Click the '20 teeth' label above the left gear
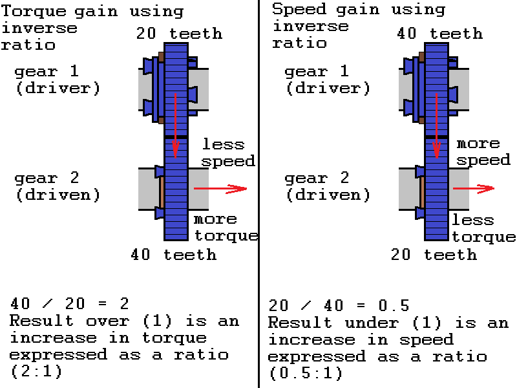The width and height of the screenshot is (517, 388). tap(180, 34)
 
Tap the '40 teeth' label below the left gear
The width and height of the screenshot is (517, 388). tap(173, 255)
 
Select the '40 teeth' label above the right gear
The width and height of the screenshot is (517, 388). tap(440, 34)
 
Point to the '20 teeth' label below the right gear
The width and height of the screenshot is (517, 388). tap(434, 255)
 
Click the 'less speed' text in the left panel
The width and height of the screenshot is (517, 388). tap(228, 153)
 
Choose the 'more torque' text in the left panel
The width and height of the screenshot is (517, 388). tap(226, 228)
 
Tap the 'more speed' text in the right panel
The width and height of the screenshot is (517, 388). tap(483, 152)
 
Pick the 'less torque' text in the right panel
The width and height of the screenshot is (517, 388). tap(483, 228)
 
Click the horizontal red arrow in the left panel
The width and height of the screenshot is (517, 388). tap(220, 189)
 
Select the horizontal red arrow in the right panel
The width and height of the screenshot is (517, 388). tap(474, 188)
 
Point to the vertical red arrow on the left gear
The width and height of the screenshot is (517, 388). tap(175, 125)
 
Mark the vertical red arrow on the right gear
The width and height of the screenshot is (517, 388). tap(437, 125)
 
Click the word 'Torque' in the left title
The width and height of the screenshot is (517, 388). tap(34, 12)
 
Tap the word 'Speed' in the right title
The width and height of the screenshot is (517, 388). tap(299, 9)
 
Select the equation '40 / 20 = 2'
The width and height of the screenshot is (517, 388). tap(70, 303)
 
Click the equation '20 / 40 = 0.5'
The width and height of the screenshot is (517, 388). tap(339, 305)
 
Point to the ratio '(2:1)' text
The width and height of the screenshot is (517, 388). tap(36, 371)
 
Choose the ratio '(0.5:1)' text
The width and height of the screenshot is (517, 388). tap(306, 374)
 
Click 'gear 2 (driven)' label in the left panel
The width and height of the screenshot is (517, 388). tap(58, 186)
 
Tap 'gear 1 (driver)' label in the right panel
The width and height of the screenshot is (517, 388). tap(328, 80)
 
